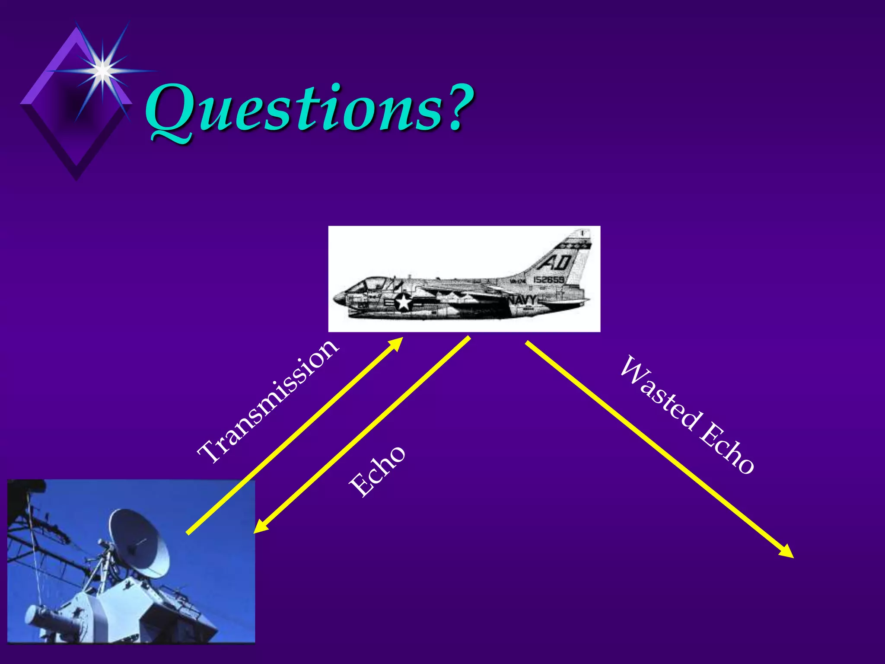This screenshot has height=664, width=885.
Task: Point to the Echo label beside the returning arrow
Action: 377,471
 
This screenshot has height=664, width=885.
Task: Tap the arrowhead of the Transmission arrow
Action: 395,344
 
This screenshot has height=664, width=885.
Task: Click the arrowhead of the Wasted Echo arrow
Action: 786,552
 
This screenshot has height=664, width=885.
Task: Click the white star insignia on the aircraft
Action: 404,302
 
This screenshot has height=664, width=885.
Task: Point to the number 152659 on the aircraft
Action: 548,280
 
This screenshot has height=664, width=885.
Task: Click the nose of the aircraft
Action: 336,298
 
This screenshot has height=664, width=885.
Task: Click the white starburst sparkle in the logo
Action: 102,69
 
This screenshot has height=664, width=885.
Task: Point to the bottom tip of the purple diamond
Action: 76,178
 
